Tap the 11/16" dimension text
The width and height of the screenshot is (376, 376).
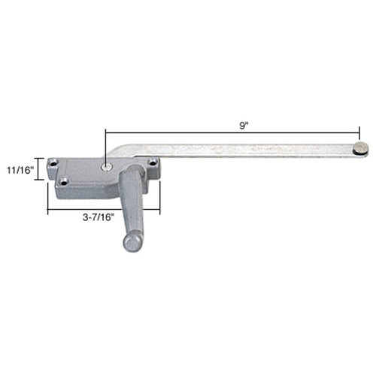(20, 170)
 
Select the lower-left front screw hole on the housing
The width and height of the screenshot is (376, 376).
(65, 180)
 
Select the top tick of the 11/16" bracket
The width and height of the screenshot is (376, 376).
(39, 157)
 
